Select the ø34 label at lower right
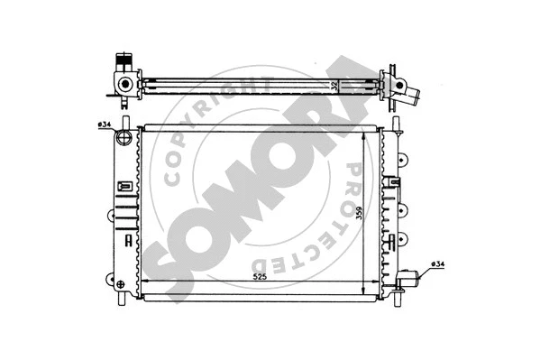(x=437, y=263)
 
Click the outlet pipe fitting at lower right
(x=412, y=279)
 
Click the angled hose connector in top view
(x=407, y=89)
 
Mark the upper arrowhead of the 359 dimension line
(x=362, y=134)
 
